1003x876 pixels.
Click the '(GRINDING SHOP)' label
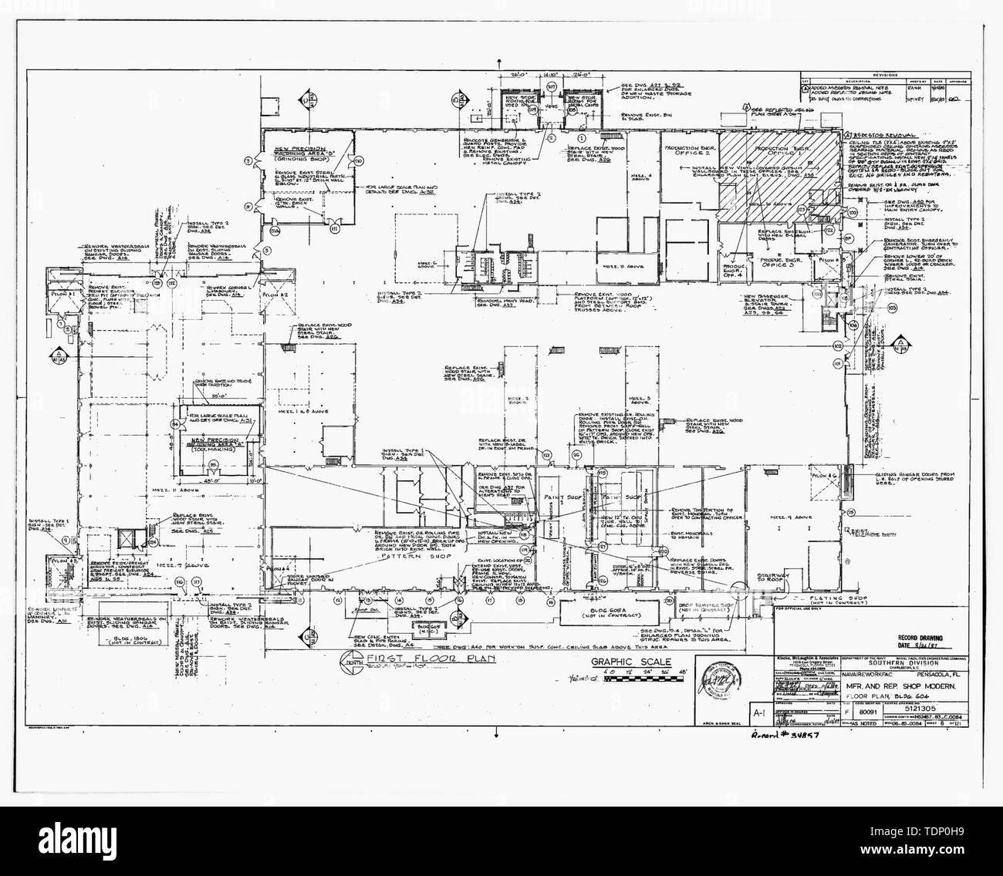tap(309, 147)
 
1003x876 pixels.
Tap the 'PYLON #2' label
tap(279, 295)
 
